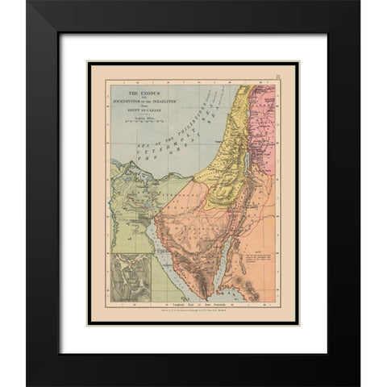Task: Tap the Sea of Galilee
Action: [256, 103]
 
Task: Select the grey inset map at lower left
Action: [131, 277]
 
